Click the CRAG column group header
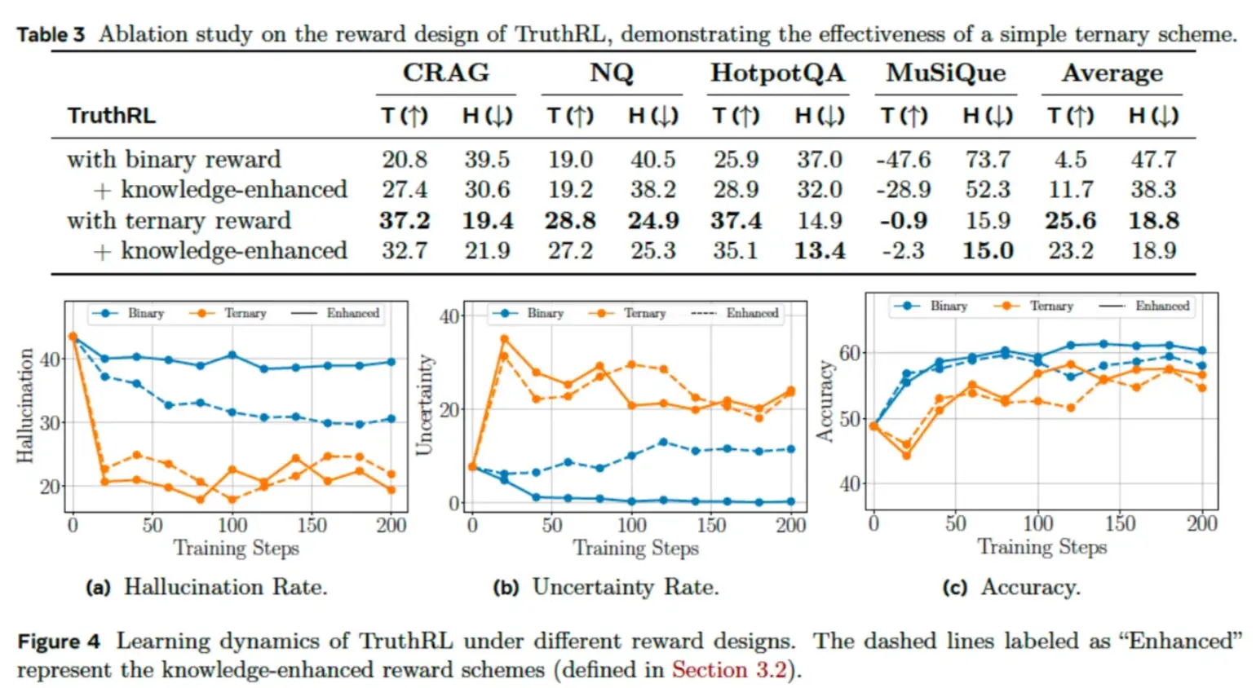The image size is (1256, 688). tap(445, 73)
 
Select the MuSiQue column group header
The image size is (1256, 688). tap(946, 73)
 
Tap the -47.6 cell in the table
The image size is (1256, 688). tap(903, 159)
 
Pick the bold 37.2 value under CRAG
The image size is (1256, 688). tap(404, 220)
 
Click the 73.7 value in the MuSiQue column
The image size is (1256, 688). tap(988, 159)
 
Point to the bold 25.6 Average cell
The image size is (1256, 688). tap(1070, 220)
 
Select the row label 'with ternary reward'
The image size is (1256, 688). tap(179, 220)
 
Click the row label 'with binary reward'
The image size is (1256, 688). tap(174, 159)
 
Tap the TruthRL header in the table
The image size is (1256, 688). tap(112, 116)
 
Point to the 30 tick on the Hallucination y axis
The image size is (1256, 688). tap(51, 422)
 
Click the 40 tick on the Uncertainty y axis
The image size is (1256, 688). tap(449, 316)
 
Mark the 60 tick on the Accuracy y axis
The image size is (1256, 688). tap(850, 353)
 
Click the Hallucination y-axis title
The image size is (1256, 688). tap(25, 406)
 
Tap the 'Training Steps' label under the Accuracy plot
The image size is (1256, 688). tap(1042, 546)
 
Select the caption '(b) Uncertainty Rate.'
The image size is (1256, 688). tap(606, 587)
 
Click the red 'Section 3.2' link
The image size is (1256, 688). tap(729, 670)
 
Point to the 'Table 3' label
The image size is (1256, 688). tap(51, 34)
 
